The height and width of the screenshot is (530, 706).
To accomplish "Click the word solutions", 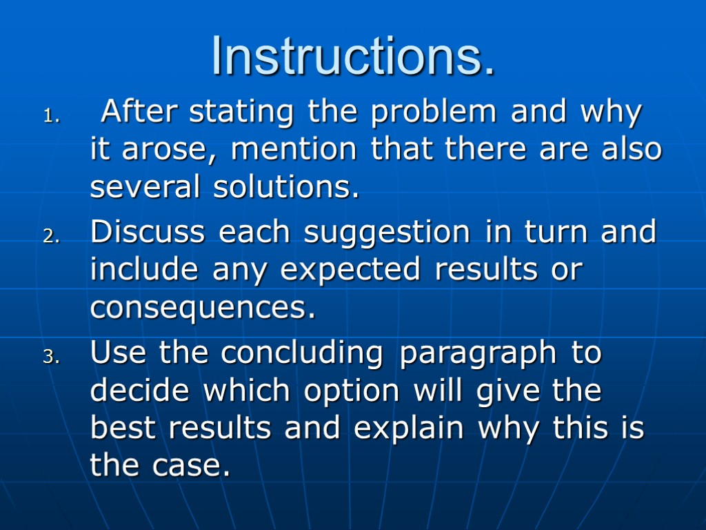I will (x=288, y=187).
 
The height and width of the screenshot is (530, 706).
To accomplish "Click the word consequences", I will (x=203, y=308).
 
